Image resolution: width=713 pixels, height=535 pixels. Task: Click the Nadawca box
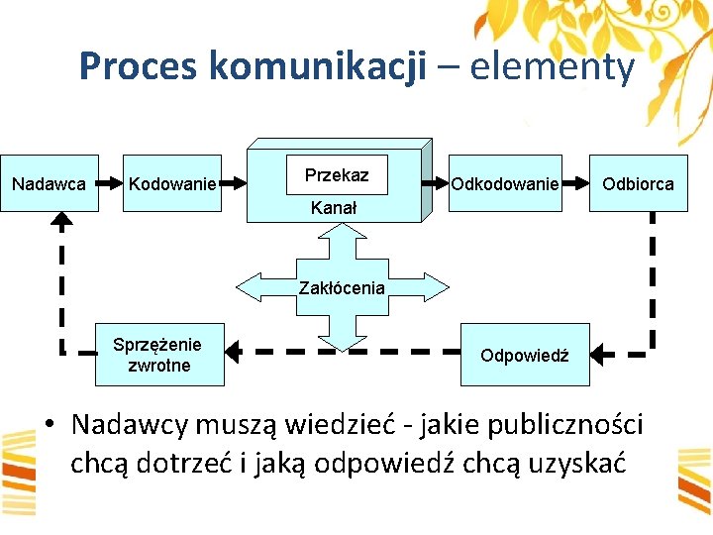click(49, 183)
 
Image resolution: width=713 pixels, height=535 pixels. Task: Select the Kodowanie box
click(172, 183)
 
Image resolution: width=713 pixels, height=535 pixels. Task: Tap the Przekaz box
click(337, 175)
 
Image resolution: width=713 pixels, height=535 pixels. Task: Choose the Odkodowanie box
click(504, 183)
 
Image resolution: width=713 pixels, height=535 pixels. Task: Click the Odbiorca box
click(638, 183)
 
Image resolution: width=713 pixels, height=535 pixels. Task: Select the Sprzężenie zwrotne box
click(158, 355)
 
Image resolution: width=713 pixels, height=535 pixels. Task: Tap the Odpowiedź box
click(524, 355)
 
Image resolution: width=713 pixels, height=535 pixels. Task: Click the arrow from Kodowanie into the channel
click(234, 182)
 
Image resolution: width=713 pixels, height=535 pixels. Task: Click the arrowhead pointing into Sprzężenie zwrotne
click(236, 350)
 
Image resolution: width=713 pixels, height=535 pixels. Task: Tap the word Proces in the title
click(140, 67)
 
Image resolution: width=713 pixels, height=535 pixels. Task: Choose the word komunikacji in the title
click(318, 67)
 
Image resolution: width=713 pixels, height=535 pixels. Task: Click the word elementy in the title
click(552, 67)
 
